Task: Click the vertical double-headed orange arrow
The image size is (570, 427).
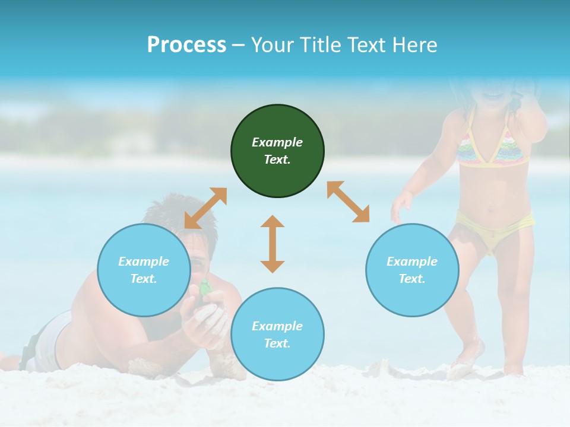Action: [x=273, y=244]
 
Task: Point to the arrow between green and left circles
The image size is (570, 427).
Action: [x=205, y=208]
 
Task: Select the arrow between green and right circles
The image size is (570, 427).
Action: [x=349, y=202]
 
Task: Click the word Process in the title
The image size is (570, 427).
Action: [x=186, y=44]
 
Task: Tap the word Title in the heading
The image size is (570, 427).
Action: [x=319, y=44]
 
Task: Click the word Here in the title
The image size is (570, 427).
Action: [x=415, y=44]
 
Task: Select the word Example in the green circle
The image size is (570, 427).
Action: [x=277, y=142]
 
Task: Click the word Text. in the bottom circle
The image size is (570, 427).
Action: [x=277, y=343]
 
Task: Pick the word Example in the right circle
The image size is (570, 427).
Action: [x=412, y=262]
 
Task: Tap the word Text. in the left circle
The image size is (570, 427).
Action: [x=144, y=279]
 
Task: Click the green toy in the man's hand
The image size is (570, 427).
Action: [x=205, y=288]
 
